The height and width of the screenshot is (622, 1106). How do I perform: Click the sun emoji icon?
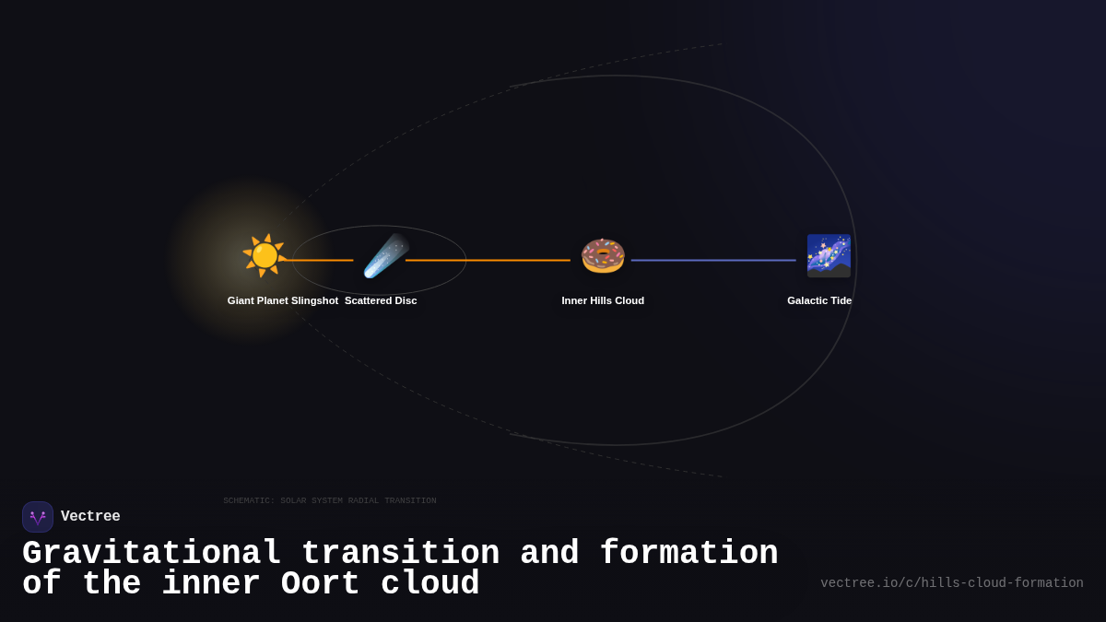coord(264,255)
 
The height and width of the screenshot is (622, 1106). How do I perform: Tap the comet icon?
coord(385,255)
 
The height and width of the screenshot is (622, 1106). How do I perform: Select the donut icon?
coord(603,255)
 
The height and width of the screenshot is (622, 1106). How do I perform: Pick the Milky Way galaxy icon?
coord(829,255)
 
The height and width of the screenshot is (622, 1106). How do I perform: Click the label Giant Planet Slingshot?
coord(283,300)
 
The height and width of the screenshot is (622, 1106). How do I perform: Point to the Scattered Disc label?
coord(381,300)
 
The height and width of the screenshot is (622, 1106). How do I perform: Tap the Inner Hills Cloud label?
coord(603,300)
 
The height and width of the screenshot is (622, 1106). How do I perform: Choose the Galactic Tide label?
coord(819,300)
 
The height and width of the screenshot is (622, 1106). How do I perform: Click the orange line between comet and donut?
coord(488,260)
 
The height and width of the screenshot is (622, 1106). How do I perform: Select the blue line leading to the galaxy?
coord(713,260)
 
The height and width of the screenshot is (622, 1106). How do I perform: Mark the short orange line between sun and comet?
coord(320,260)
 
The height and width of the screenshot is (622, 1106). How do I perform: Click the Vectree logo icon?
coord(38,517)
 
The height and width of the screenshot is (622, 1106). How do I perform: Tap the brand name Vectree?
coord(90,517)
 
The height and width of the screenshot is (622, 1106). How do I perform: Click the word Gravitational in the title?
coord(151,554)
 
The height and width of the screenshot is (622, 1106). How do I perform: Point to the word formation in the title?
coord(688,554)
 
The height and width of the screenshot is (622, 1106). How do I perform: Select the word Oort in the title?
coord(321,584)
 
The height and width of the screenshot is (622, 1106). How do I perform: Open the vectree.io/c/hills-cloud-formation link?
coord(951,583)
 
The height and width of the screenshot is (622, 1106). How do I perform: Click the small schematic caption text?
coord(330,501)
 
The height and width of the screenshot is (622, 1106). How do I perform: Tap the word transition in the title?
coord(400,554)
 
